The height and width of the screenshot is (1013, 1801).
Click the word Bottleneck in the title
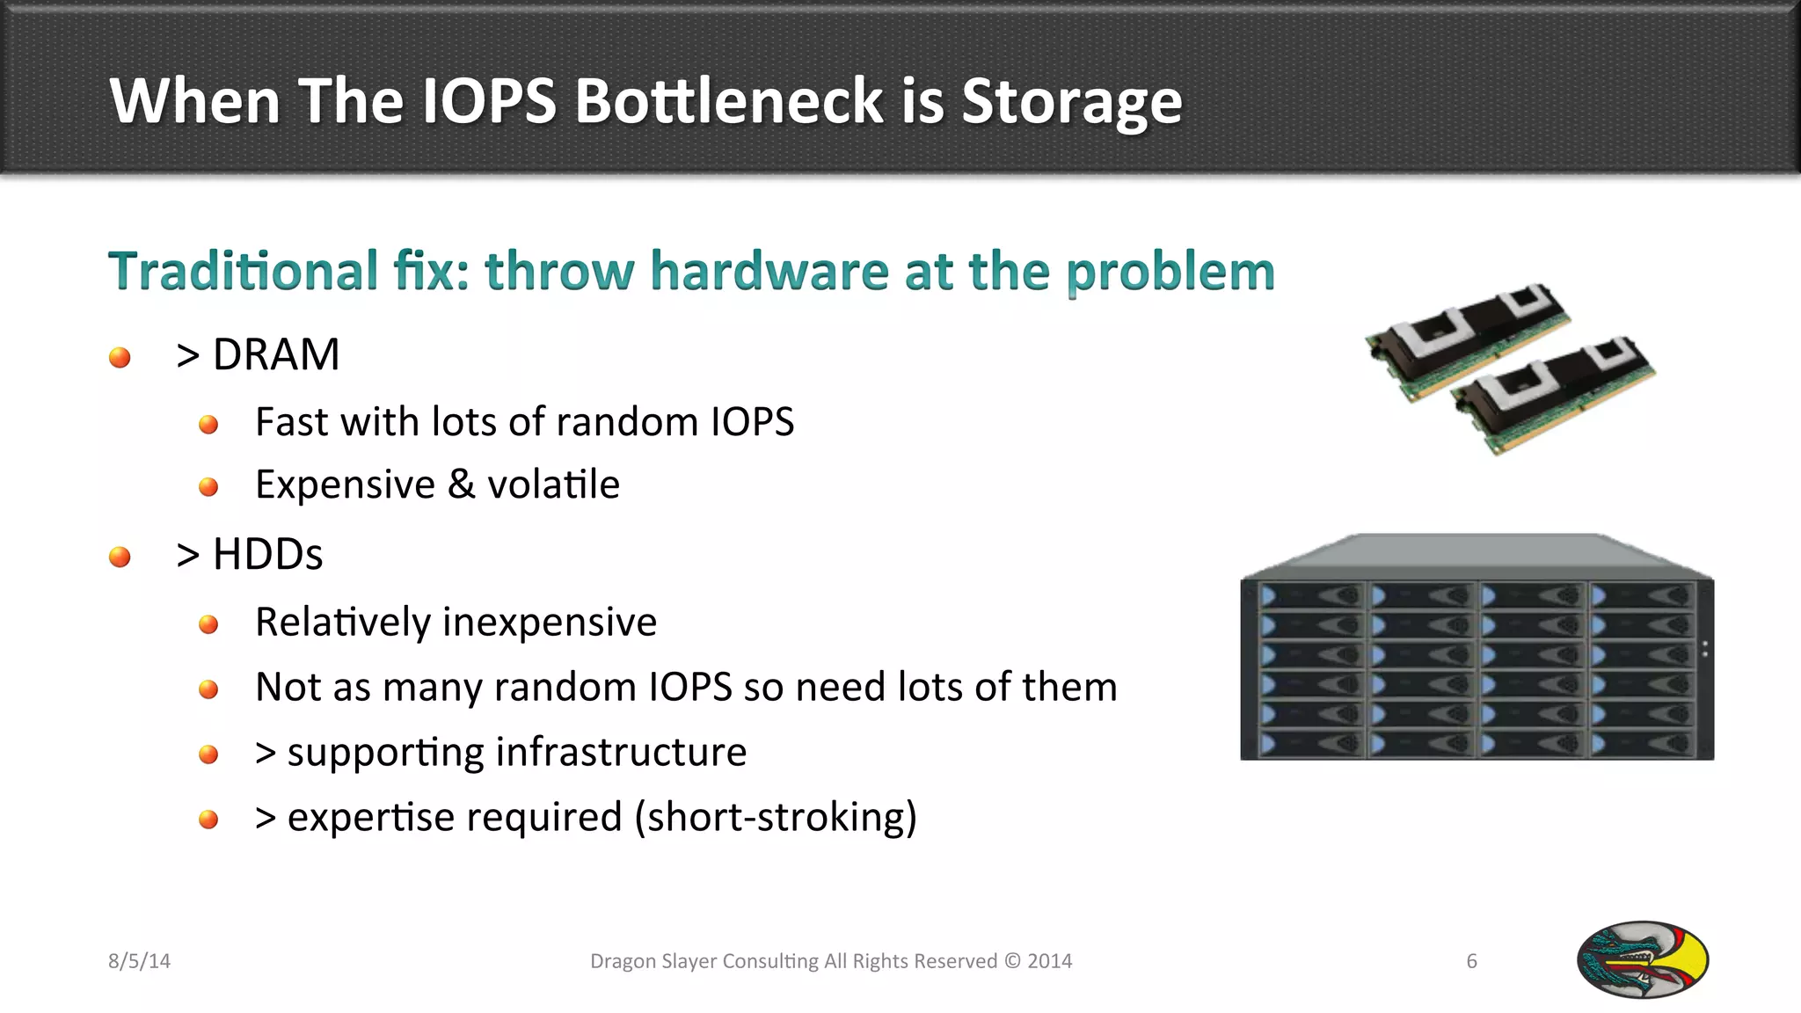pos(728,100)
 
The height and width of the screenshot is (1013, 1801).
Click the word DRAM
pos(275,355)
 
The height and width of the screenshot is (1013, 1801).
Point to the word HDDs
pos(267,555)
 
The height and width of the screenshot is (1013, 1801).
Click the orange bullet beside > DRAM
pos(120,357)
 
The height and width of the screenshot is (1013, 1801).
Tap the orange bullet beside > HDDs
pos(120,557)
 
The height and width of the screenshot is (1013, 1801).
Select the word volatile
pos(553,485)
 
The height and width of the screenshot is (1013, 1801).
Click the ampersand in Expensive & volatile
pos(461,485)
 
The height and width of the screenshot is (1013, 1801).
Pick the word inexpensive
pos(550,623)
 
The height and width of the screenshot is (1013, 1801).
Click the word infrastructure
pos(621,753)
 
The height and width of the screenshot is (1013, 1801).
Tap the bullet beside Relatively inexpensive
pos(208,624)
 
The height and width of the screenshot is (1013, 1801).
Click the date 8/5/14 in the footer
pos(139,961)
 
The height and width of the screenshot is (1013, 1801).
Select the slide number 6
pos(1471,961)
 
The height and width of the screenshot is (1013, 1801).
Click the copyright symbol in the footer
pos(1012,961)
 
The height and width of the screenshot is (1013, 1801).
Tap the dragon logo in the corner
pos(1642,959)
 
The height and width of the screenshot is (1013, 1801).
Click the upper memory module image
pos(1467,339)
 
